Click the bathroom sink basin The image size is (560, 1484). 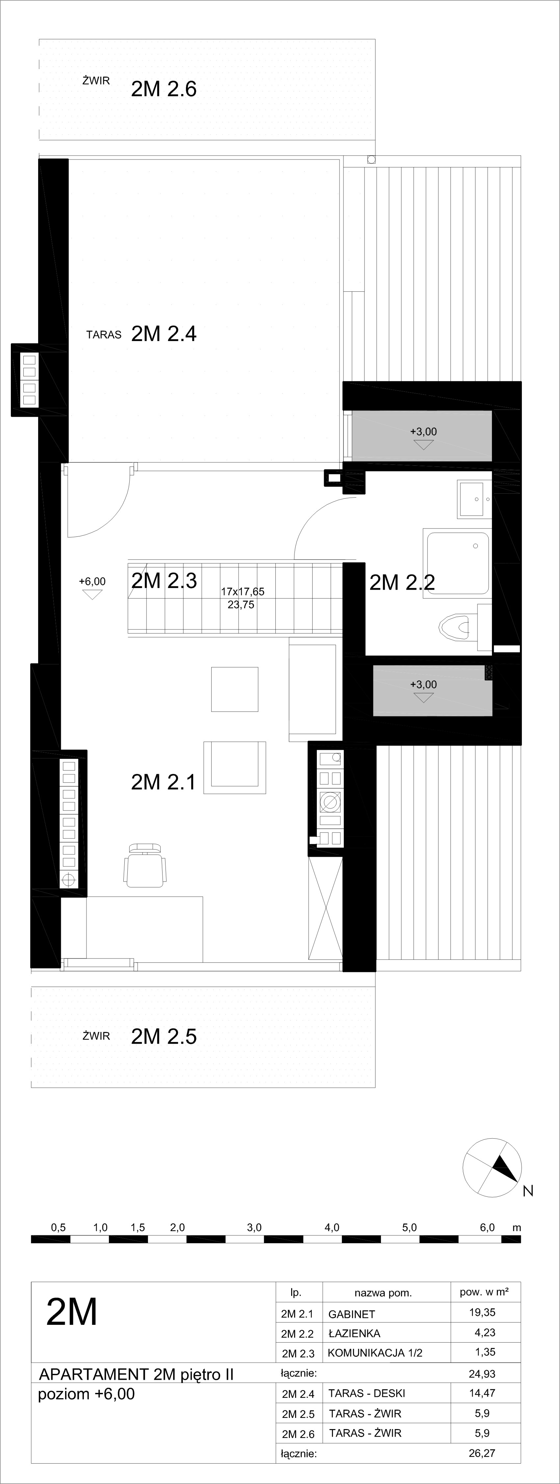pyautogui.click(x=474, y=499)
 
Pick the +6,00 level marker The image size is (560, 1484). pyautogui.click(x=92, y=588)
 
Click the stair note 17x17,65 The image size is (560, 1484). pyautogui.click(x=242, y=592)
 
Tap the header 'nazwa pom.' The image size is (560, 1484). pyautogui.click(x=383, y=1293)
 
